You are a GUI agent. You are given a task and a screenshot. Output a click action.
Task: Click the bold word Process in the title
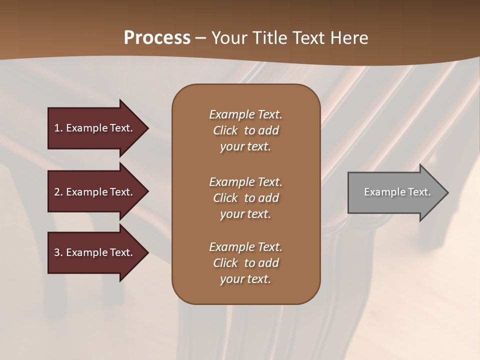click(x=157, y=38)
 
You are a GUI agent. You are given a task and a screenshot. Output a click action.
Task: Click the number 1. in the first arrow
click(x=58, y=128)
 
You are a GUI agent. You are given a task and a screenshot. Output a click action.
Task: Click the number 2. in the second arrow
click(x=58, y=192)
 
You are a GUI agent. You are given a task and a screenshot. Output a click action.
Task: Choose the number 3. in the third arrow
click(x=58, y=252)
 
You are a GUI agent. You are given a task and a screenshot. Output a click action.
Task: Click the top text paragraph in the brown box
click(x=245, y=130)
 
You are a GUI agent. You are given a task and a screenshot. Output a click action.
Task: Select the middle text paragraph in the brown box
click(x=245, y=198)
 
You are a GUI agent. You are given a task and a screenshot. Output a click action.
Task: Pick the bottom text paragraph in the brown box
click(x=245, y=263)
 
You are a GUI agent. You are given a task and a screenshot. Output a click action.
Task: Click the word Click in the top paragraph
click(x=225, y=130)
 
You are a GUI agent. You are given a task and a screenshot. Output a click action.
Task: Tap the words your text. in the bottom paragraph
click(x=245, y=279)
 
